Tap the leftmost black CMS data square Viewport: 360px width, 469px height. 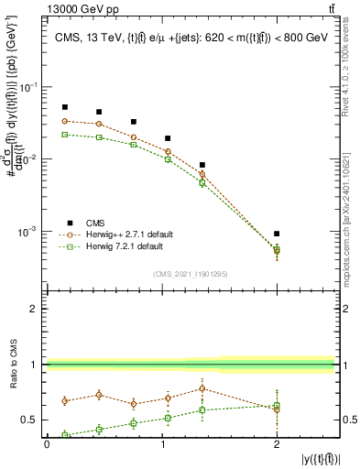pos(64,107)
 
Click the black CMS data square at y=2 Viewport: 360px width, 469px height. pos(277,234)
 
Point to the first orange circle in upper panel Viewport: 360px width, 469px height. pos(64,121)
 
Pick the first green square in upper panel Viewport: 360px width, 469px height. pos(64,134)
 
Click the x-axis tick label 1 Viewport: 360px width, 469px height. pos(161,443)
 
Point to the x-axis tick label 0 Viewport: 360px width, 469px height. pos(47,443)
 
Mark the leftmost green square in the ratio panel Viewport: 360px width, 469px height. pos(64,435)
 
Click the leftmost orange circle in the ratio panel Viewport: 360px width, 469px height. pos(64,400)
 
